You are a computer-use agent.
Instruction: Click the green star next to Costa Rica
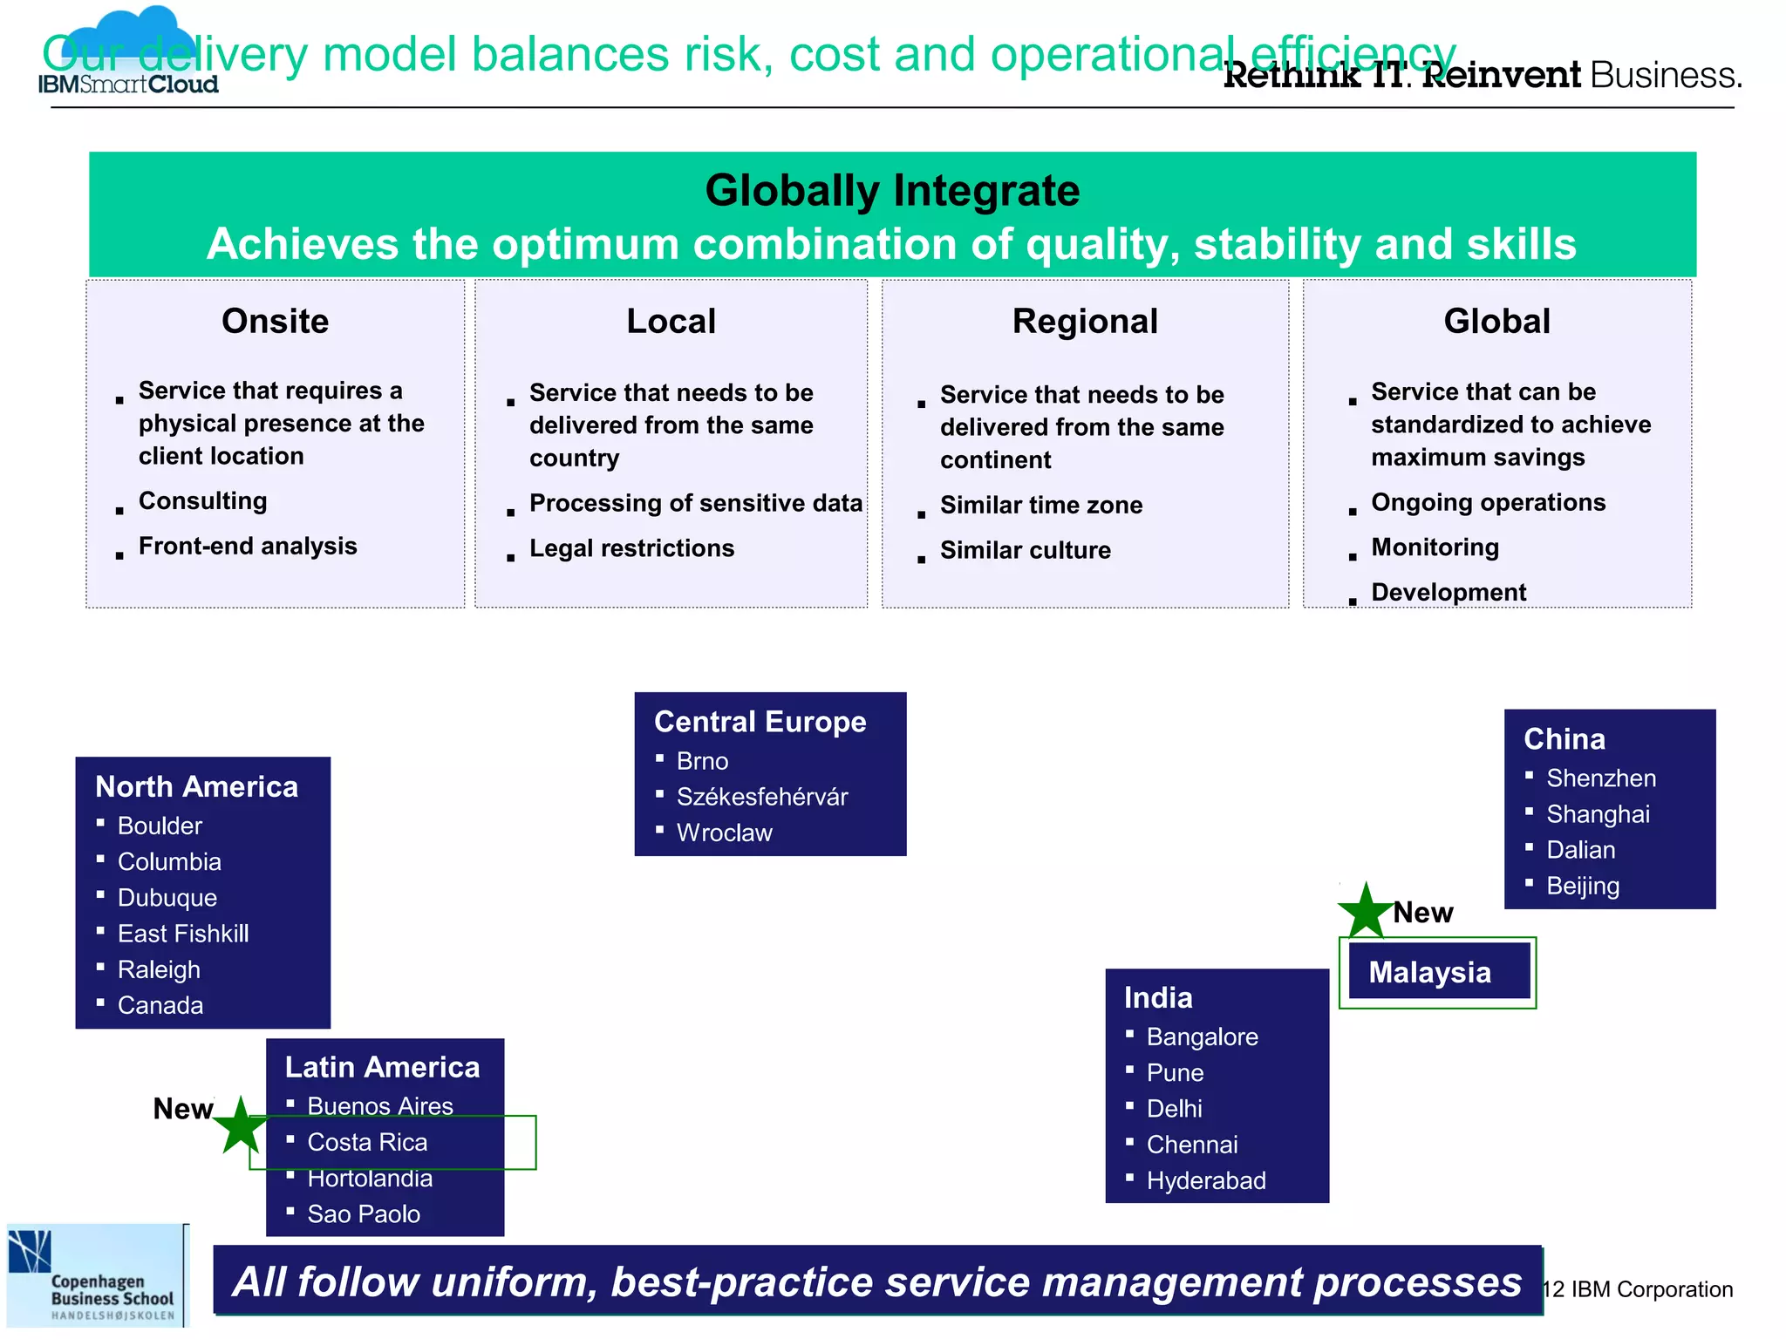point(241,1127)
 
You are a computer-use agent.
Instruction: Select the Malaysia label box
point(1438,972)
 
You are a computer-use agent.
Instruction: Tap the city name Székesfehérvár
point(761,797)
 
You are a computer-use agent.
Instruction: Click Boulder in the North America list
point(160,826)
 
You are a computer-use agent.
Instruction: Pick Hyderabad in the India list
point(1205,1180)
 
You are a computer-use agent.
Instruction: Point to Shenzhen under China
point(1600,778)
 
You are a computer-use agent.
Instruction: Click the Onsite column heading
point(276,321)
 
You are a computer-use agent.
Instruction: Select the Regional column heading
point(1085,321)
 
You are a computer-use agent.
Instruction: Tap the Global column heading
point(1496,321)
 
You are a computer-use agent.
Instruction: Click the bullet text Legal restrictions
point(631,548)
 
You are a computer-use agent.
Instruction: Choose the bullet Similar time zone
point(1040,505)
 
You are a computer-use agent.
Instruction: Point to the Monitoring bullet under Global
point(1435,547)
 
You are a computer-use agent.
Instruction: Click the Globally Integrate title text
point(892,190)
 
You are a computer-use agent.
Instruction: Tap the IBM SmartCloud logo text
point(128,85)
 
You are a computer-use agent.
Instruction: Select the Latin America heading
point(382,1067)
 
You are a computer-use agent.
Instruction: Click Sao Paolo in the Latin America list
point(364,1213)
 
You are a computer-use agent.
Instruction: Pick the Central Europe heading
point(760,722)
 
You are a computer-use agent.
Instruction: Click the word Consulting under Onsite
point(202,500)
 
